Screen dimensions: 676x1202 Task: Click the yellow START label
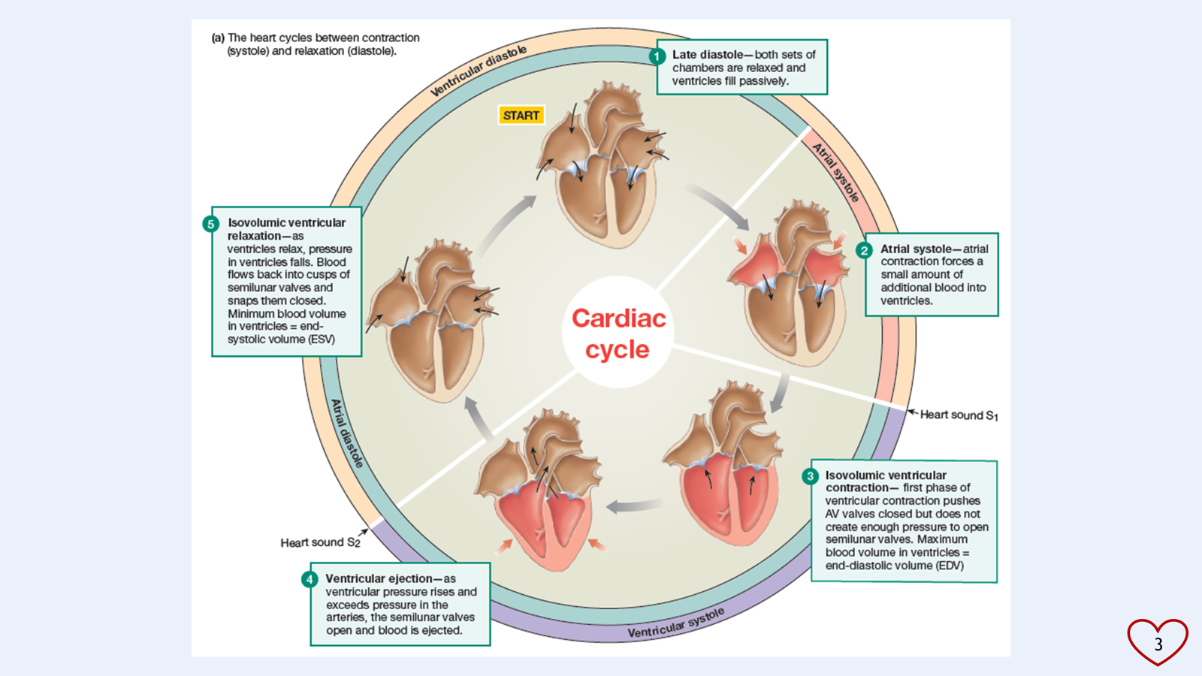pos(521,115)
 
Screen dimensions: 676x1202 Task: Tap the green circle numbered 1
pos(657,56)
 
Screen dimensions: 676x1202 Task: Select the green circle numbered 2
pos(865,250)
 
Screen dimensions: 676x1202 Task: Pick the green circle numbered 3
pos(810,476)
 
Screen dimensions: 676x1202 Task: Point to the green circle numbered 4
pos(310,579)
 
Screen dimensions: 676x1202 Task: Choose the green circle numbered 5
pos(211,224)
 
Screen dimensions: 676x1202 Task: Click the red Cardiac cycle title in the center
pos(618,333)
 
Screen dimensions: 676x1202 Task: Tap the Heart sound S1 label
pos(959,415)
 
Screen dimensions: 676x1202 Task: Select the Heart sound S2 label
pos(320,542)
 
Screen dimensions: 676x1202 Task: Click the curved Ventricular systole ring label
pos(676,623)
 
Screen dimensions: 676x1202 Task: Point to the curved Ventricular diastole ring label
pos(479,71)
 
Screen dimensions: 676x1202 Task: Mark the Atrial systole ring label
pos(836,173)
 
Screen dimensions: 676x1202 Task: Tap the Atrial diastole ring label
pos(347,433)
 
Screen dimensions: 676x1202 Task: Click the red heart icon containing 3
pos(1157,642)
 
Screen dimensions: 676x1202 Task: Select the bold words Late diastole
pos(708,55)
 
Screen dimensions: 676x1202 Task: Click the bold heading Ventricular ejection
pos(379,579)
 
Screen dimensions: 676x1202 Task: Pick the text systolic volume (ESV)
pos(281,340)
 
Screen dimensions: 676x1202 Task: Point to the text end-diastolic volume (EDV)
pos(894,566)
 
